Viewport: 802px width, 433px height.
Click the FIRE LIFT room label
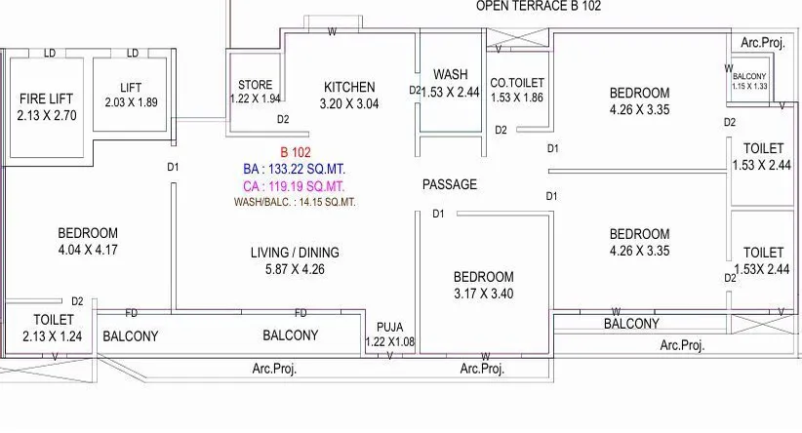click(46, 98)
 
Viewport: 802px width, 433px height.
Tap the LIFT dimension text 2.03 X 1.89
click(131, 102)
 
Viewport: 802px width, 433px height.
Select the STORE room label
click(255, 85)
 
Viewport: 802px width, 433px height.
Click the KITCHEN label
click(349, 88)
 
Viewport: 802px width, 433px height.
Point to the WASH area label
click(450, 74)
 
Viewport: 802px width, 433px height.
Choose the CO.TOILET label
click(517, 84)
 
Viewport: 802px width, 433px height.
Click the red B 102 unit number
click(295, 152)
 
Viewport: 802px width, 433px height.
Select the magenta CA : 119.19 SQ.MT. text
click(295, 185)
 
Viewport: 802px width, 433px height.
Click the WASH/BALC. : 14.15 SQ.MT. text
click(295, 203)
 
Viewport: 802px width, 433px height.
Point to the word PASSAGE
click(449, 184)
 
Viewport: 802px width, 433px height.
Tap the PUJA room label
click(390, 328)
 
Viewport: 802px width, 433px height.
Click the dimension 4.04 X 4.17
click(88, 250)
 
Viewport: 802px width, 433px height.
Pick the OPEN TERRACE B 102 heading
click(538, 6)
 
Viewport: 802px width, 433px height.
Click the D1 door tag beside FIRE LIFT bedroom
click(173, 168)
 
